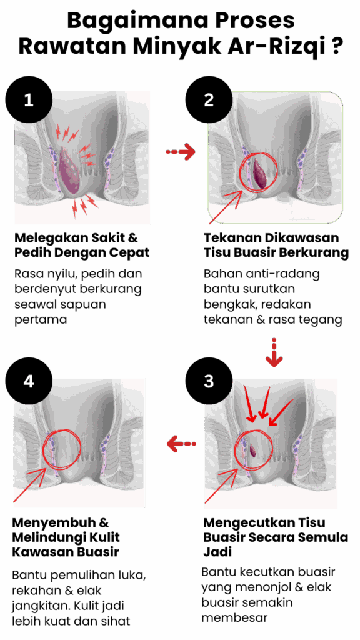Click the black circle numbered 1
[29, 101]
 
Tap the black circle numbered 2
[209, 101]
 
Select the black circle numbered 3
[209, 382]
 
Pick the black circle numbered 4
[29, 382]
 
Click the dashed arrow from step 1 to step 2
[181, 152]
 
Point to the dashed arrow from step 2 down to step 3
[274, 352]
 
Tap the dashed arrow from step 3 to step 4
[181, 444]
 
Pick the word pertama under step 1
[41, 319]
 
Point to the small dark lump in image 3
[252, 451]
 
